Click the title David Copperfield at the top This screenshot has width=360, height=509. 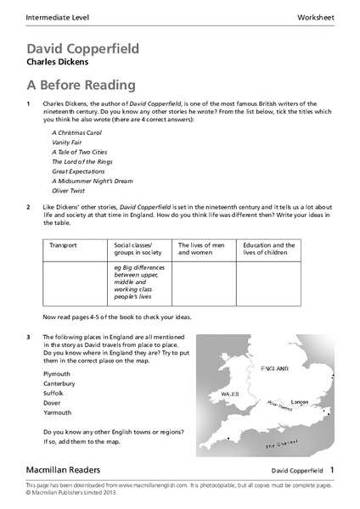point(83,48)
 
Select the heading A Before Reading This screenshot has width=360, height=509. point(81,85)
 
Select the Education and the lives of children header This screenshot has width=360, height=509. point(268,249)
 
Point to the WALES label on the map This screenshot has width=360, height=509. point(230,394)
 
